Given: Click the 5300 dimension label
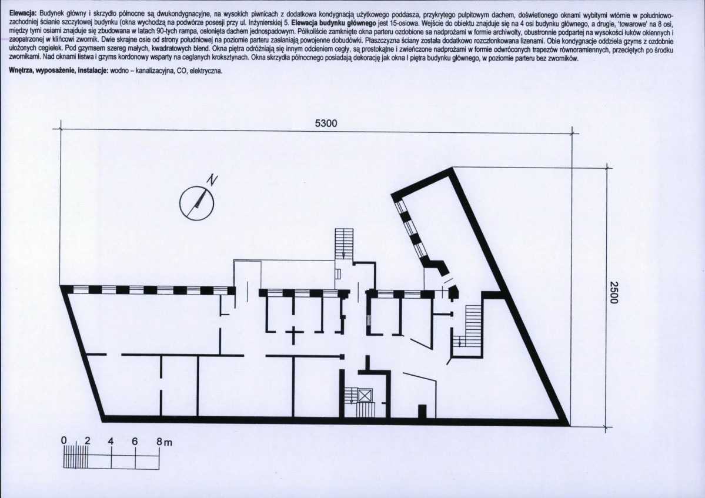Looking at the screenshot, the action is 326,123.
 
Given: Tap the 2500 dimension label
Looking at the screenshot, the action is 614,293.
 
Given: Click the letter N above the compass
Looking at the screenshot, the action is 212,180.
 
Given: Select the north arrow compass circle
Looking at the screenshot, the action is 196,203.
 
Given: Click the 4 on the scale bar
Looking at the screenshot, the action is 111,441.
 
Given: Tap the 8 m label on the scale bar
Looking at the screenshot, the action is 164,442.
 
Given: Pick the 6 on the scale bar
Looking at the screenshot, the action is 135,442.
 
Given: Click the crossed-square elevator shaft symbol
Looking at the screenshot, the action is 365,396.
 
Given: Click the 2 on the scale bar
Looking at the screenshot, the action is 87,440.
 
